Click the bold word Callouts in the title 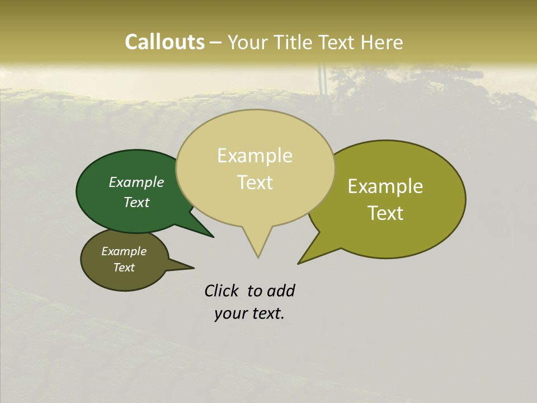[164, 42]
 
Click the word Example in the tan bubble [255, 156]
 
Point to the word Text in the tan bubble [255, 182]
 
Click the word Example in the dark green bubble [136, 182]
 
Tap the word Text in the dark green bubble [136, 202]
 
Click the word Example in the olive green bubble [385, 186]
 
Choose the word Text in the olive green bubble [385, 213]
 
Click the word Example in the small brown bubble [124, 251]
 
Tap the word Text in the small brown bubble [124, 268]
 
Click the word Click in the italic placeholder [222, 290]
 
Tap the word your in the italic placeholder [230, 313]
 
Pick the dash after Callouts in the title [216, 43]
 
